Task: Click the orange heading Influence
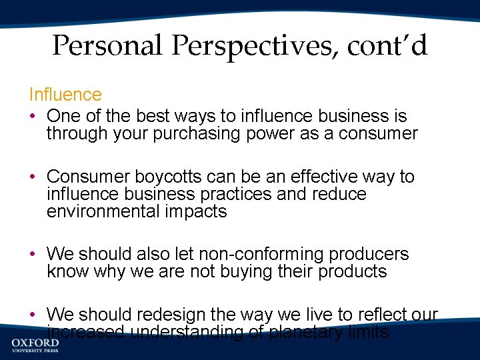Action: click(65, 95)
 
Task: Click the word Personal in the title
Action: click(106, 46)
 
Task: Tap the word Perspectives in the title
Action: click(251, 46)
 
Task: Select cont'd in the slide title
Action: click(387, 46)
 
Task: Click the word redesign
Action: click(173, 314)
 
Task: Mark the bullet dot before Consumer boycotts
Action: click(32, 177)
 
